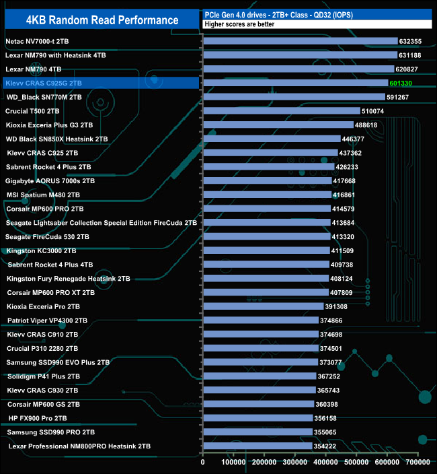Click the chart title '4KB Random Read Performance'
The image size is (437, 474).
pos(102,20)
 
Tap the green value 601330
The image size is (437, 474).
pos(401,83)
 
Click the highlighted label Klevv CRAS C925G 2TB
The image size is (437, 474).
pos(44,83)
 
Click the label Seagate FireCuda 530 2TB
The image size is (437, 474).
pos(46,236)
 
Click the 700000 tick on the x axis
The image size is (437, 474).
pos(418,463)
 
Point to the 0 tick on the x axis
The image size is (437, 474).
pos(203,463)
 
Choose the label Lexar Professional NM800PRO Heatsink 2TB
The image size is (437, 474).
pos(79,446)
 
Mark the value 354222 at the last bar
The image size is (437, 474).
pos(326,446)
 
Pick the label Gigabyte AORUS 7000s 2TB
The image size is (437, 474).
pos(50,180)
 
